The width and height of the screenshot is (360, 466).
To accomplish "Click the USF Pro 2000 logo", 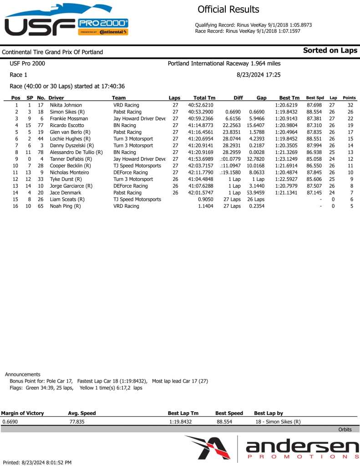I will [x=66, y=20].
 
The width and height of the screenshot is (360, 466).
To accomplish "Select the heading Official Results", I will [x=228, y=10].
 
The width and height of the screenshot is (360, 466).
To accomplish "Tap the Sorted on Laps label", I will [x=330, y=51].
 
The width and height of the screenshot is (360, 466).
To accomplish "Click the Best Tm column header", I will [x=289, y=98].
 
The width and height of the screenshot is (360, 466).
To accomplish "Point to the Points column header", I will [x=349, y=98].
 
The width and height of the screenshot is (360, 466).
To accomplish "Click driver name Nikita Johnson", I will [x=66, y=105].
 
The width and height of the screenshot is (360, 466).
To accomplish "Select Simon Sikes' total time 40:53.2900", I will [x=204, y=112].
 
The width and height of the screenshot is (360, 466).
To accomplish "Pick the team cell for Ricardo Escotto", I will [x=125, y=125].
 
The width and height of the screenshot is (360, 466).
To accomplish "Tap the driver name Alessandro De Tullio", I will [x=76, y=152].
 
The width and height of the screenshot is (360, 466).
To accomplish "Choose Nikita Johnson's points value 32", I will [x=350, y=105].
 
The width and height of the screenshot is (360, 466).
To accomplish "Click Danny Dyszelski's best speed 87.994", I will [x=315, y=145].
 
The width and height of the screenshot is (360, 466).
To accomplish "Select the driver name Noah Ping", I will [x=65, y=206].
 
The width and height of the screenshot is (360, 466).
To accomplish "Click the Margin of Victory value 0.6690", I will [x=10, y=422].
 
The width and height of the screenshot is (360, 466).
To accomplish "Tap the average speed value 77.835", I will [x=76, y=422].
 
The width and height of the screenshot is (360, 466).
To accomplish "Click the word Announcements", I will [x=22, y=374].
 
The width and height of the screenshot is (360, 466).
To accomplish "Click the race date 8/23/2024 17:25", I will [x=259, y=74].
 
